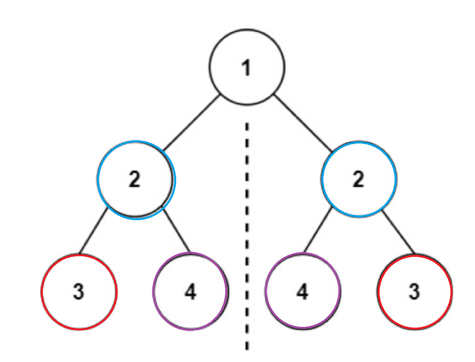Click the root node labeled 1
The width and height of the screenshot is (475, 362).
[247, 68]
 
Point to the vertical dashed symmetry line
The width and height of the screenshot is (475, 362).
[247, 237]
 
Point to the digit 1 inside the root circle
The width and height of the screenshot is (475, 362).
[247, 68]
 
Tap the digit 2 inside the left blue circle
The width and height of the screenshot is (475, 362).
[135, 180]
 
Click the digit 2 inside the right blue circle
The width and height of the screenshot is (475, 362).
[358, 180]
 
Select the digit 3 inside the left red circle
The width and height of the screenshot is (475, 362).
[79, 292]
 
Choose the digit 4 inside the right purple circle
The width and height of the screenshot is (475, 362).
[302, 292]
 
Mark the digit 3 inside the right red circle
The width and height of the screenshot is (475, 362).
[414, 292]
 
